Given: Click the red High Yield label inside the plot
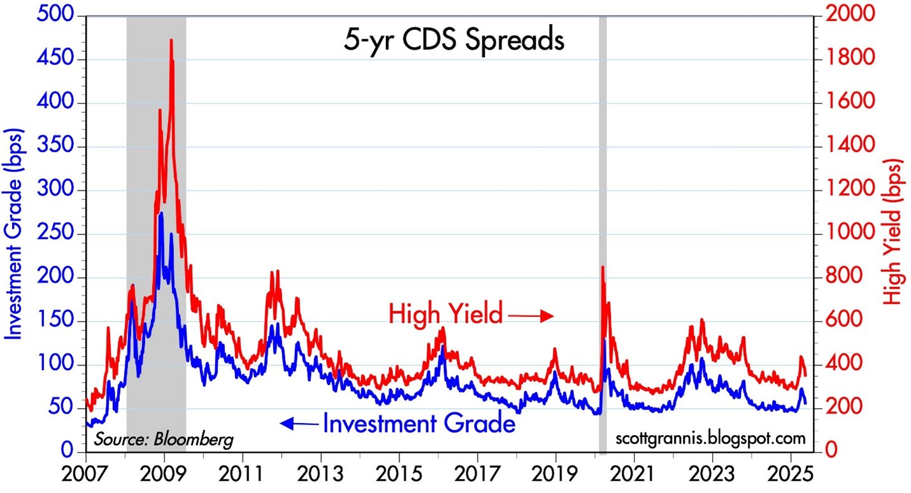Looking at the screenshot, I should coord(446,314).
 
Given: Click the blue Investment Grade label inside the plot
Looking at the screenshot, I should coord(419,424).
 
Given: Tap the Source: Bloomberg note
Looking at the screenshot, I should coord(164,439).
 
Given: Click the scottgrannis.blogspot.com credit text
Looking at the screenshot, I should coord(711,439).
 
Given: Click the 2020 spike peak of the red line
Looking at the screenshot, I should coord(603,267).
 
